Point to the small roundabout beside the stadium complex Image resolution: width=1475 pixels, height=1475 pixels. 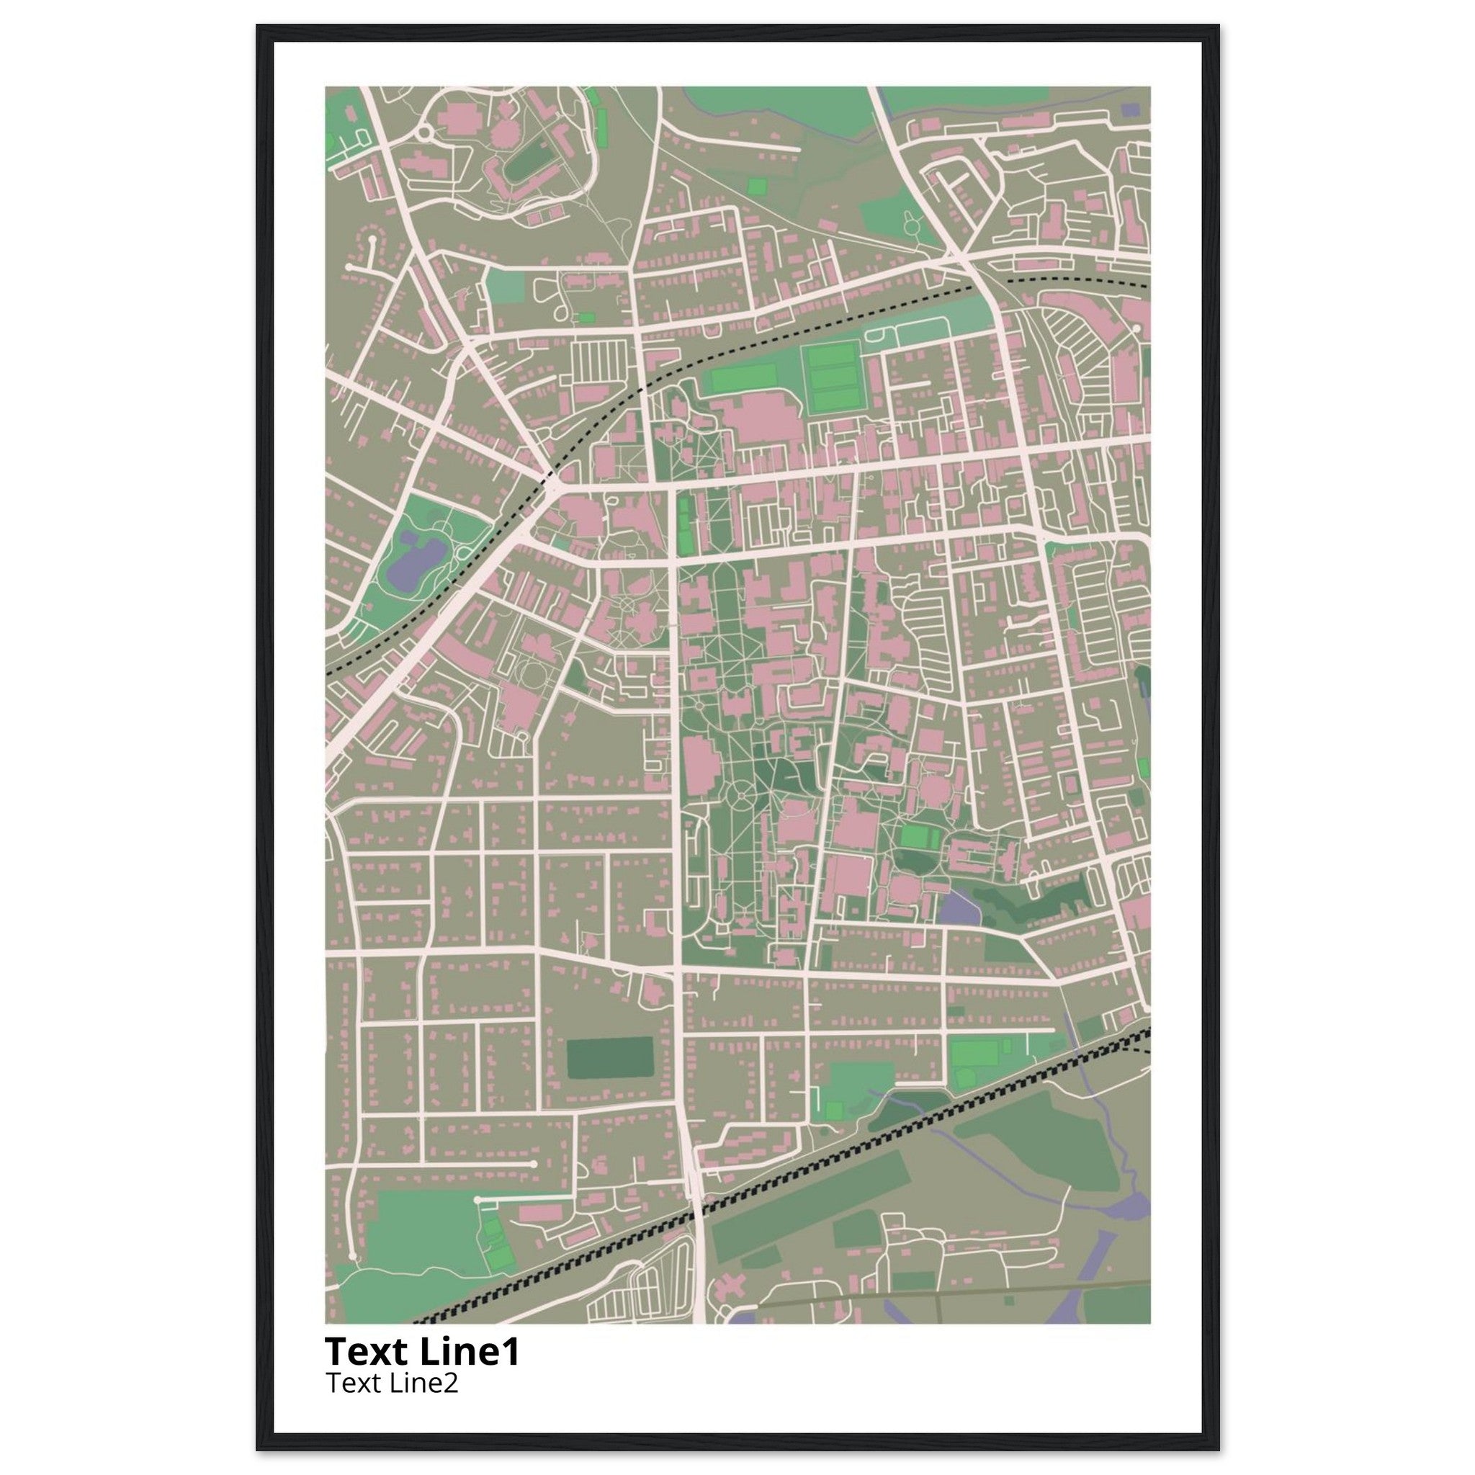coord(424,135)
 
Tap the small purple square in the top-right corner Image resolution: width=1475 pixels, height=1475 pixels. coord(1130,110)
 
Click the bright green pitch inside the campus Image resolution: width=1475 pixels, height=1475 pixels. coord(915,836)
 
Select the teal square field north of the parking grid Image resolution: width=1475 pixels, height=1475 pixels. coord(506,285)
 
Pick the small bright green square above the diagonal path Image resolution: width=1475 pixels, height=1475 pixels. coord(757,186)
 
